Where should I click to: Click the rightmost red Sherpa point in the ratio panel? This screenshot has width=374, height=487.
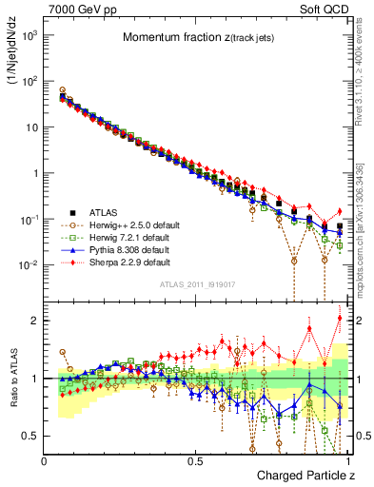(340, 318)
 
